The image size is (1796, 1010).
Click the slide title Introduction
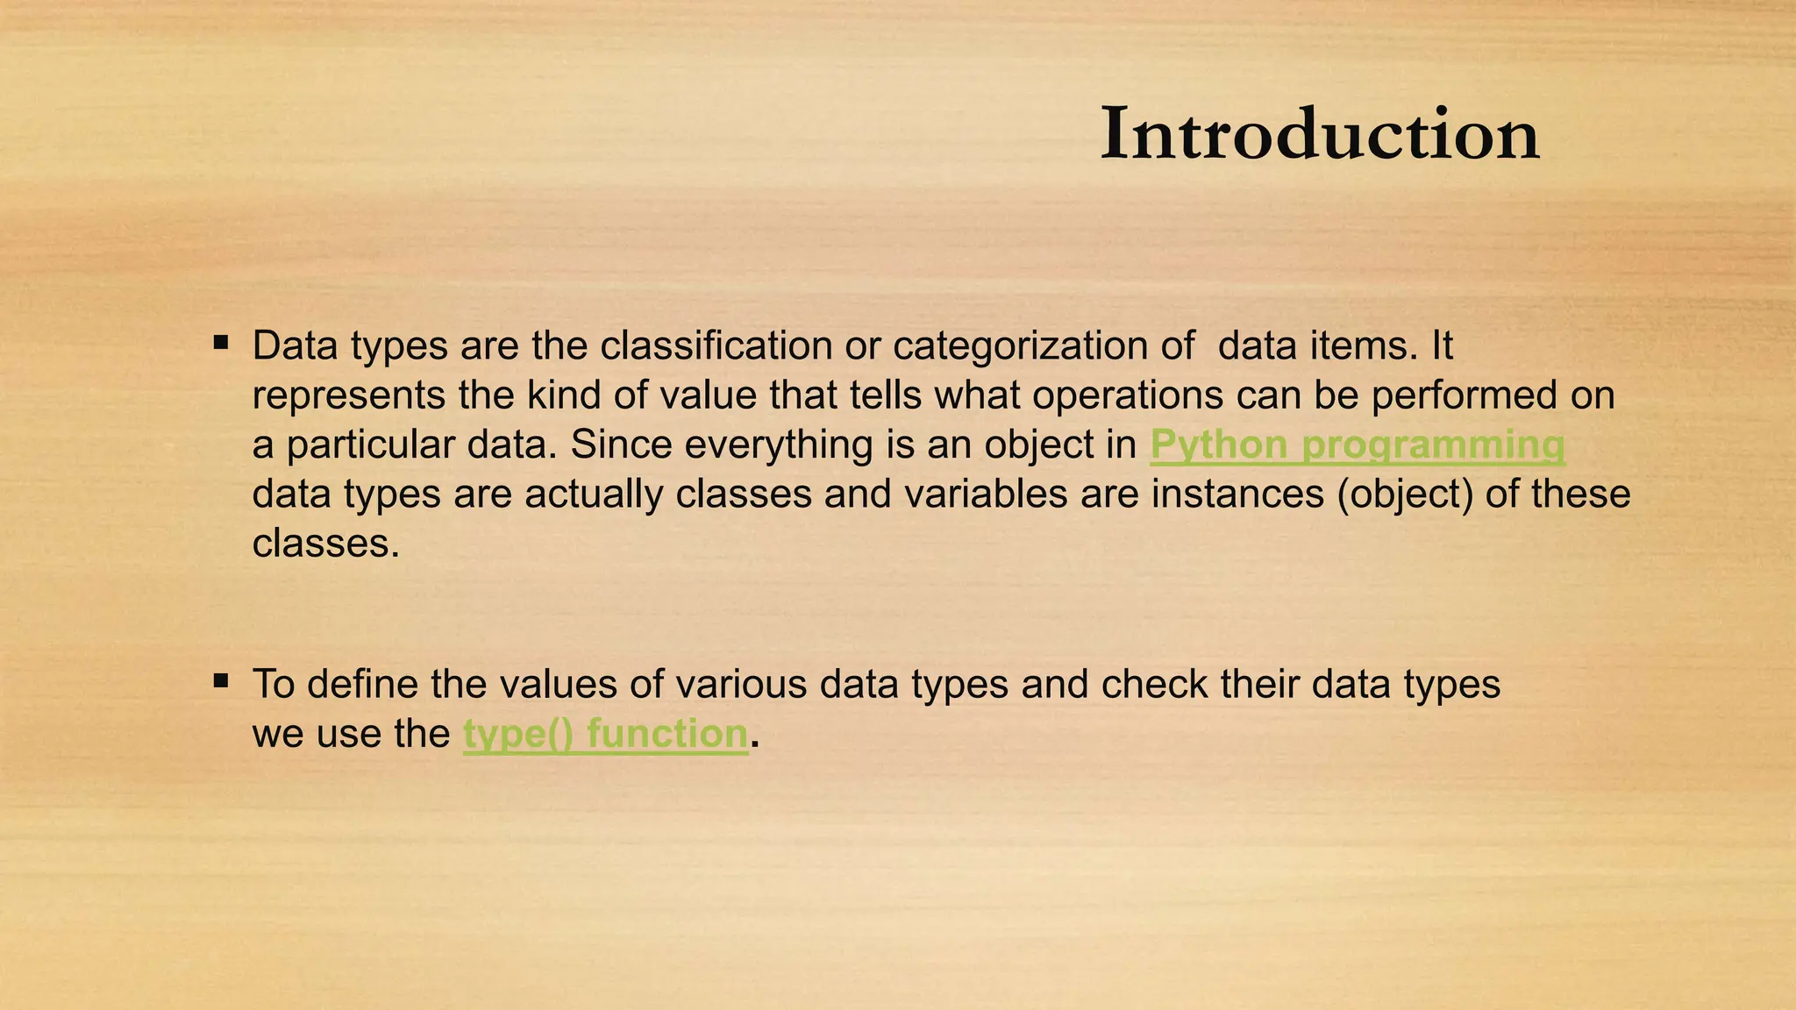click(1319, 134)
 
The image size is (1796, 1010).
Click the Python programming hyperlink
click(1357, 445)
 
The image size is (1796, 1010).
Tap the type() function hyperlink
click(605, 734)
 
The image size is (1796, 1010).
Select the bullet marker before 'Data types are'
click(221, 341)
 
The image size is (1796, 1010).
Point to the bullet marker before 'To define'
click(221, 679)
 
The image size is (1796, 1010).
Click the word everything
click(778, 445)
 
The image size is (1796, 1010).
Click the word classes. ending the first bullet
click(325, 544)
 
